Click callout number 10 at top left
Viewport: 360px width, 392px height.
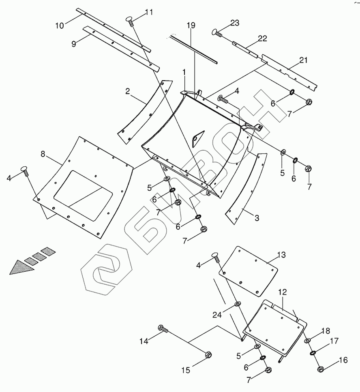59,26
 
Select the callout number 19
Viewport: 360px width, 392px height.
191,25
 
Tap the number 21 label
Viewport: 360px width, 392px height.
303,60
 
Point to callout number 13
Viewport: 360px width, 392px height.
281,255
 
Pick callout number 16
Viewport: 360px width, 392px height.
343,360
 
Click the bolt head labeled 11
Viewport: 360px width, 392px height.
131,19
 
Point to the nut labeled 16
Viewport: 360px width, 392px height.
320,369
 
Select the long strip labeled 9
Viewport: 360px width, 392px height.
122,48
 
